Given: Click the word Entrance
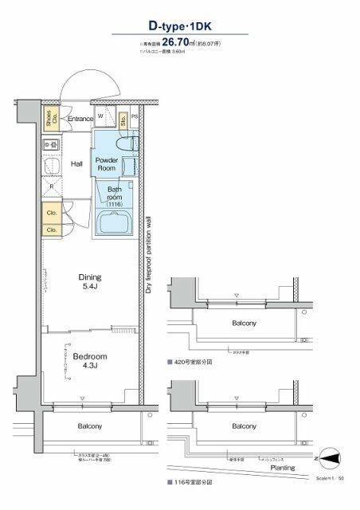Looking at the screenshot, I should (x=80, y=120).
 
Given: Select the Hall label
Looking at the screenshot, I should (x=77, y=164).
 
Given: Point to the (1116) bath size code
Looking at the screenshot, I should (x=114, y=205).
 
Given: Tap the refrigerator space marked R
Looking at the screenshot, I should (x=51, y=187).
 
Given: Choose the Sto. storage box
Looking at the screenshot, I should (x=123, y=120).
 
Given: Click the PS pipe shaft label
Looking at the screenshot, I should (x=134, y=117).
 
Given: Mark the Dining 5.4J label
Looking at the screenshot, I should (x=89, y=282).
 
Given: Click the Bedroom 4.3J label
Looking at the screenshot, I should (x=89, y=361).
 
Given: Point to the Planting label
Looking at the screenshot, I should (x=283, y=469).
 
